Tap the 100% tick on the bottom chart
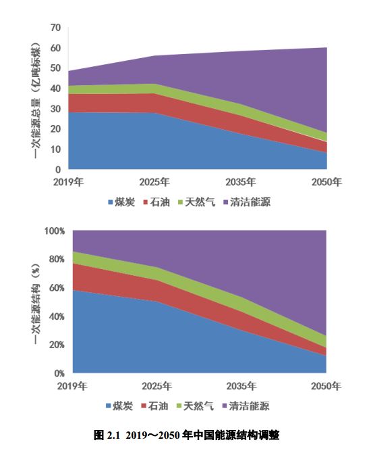pyautogui.click(x=53, y=231)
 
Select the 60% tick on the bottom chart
pyautogui.click(x=55, y=288)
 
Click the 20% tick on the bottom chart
pyautogui.click(x=55, y=345)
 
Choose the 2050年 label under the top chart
pyautogui.click(x=326, y=183)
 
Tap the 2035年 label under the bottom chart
pyautogui.click(x=241, y=386)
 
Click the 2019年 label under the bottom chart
pyautogui.click(x=73, y=386)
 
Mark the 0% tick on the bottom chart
pyautogui.click(x=58, y=373)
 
